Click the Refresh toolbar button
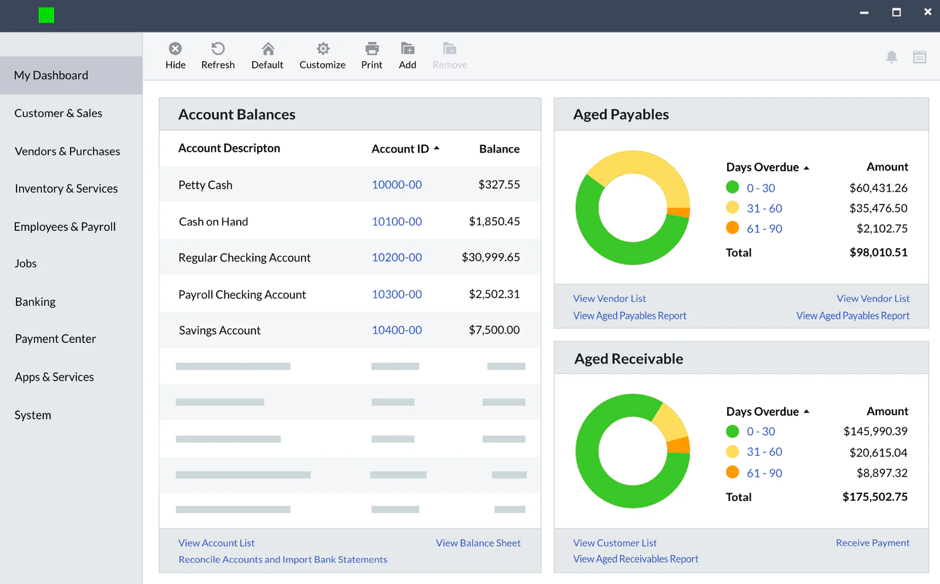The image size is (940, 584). tap(218, 56)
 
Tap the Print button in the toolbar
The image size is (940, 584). tap(372, 56)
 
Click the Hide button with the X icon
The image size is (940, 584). tap(175, 56)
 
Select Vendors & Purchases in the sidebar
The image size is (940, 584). tap(67, 151)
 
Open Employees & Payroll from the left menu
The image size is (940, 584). tap(65, 227)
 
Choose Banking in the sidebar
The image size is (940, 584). tap(36, 302)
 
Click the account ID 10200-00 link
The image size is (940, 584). tap(396, 257)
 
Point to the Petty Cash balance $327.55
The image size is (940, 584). tap(499, 185)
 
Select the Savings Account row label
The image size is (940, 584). tap(220, 330)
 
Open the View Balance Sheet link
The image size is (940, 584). tap(478, 543)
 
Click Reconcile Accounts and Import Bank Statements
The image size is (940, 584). tap(283, 559)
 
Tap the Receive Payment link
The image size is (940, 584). tap(872, 543)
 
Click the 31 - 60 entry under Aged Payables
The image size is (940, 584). tap(764, 208)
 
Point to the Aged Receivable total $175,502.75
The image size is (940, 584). tap(875, 497)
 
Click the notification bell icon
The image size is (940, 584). tap(892, 57)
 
